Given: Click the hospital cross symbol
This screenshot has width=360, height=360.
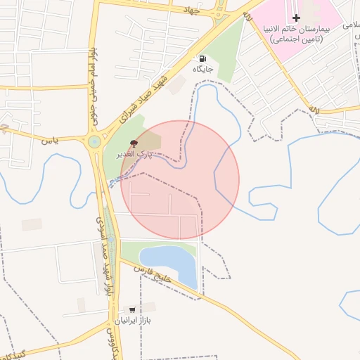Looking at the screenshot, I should (x=295, y=18).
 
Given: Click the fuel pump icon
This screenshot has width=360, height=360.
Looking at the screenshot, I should (x=202, y=59).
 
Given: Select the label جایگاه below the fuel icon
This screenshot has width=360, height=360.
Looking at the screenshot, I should (x=205, y=70).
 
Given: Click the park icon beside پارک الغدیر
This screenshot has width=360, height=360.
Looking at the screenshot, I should (x=134, y=143).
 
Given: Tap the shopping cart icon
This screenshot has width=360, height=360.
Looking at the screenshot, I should (x=131, y=309).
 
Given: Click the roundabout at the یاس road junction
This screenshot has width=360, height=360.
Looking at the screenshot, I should (x=94, y=142).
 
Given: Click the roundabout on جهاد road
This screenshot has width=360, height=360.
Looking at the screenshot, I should (x=222, y=12).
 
